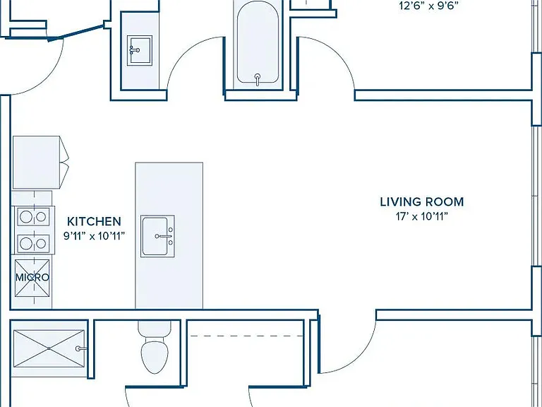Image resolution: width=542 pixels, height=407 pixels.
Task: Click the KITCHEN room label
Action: [x=94, y=221]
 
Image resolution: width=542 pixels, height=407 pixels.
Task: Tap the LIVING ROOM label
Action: [x=422, y=202]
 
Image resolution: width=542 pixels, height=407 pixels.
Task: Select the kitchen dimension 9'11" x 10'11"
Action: [x=94, y=237]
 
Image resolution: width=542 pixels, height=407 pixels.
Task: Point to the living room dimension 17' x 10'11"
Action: [x=422, y=217]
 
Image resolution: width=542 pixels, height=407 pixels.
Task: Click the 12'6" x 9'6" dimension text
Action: [x=428, y=6]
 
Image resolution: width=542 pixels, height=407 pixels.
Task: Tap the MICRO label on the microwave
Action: [x=32, y=277]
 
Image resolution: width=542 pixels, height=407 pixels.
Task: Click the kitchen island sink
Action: [x=157, y=236]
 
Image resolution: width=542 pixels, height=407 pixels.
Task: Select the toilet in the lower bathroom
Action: [x=155, y=347]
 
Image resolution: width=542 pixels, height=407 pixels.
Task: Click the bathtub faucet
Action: [x=258, y=80]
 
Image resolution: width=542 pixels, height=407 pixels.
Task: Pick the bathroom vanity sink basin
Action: [x=139, y=51]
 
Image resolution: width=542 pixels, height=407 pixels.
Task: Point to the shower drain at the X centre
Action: [x=49, y=348]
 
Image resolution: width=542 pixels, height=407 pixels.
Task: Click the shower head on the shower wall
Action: [x=81, y=348]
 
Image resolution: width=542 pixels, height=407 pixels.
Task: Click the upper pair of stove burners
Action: [x=34, y=217]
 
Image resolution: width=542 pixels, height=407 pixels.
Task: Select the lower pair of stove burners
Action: [x=34, y=244]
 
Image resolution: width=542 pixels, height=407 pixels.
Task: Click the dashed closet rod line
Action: [x=247, y=336]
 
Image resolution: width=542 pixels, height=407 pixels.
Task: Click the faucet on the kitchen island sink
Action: [x=164, y=236]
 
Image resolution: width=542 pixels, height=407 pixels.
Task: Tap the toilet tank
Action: [x=155, y=328]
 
